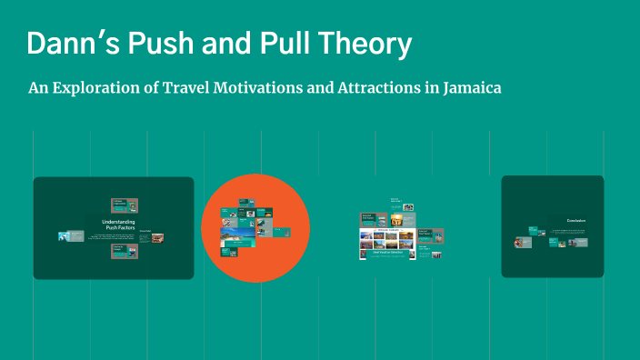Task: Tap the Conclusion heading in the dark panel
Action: [575, 221]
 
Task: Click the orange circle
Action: [255, 228]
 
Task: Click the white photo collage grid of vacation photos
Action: [387, 237]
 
